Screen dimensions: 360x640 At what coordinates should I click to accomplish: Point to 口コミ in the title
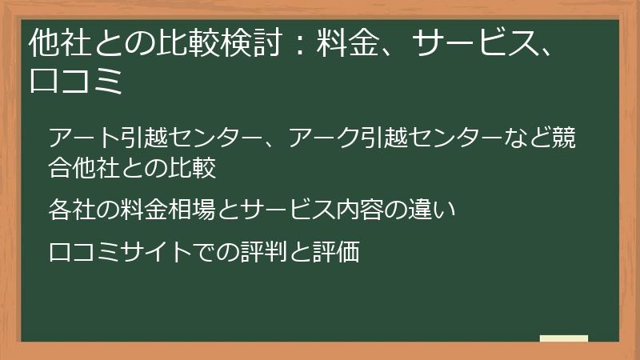[75, 82]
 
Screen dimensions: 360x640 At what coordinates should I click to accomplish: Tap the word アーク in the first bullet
[323, 138]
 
